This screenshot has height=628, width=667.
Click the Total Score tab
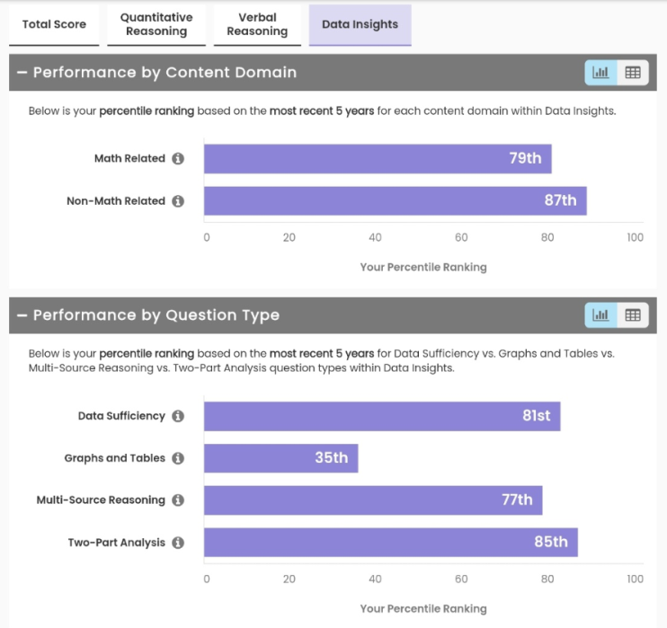coord(54,24)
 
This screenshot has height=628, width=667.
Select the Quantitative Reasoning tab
coord(156,24)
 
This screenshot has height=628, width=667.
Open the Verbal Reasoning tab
coord(257,24)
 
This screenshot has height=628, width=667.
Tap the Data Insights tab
coord(360,24)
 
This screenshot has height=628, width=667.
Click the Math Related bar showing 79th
coord(378,159)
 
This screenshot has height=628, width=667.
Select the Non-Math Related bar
coord(395,201)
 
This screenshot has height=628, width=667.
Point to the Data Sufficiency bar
coord(382,417)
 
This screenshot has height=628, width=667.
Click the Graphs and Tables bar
coord(280,458)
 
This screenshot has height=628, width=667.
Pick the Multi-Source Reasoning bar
coord(373,500)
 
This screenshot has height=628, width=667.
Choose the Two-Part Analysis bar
coord(390,543)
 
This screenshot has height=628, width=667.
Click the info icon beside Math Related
coord(178,159)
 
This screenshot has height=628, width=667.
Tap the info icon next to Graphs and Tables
coord(178,458)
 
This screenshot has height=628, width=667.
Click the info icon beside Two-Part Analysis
coord(178,543)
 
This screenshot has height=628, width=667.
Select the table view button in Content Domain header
coord(633,73)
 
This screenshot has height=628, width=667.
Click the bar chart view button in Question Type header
coord(600,315)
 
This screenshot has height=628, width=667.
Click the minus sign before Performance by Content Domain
coord(22,73)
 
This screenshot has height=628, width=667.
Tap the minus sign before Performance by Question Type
coord(22,315)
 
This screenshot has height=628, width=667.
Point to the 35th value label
coord(331,458)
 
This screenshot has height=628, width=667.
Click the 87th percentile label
coord(560,201)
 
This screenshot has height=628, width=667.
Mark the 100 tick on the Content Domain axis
coord(635,238)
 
